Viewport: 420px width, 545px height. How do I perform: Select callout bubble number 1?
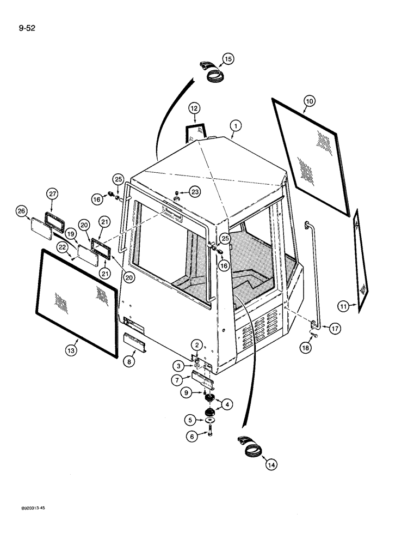coord(235,126)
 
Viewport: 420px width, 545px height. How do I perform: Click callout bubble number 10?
coord(309,101)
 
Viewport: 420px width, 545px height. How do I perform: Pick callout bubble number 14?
coord(270,464)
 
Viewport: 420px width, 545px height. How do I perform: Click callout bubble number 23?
coord(194,191)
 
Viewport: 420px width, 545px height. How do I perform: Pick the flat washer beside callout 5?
coord(208,419)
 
